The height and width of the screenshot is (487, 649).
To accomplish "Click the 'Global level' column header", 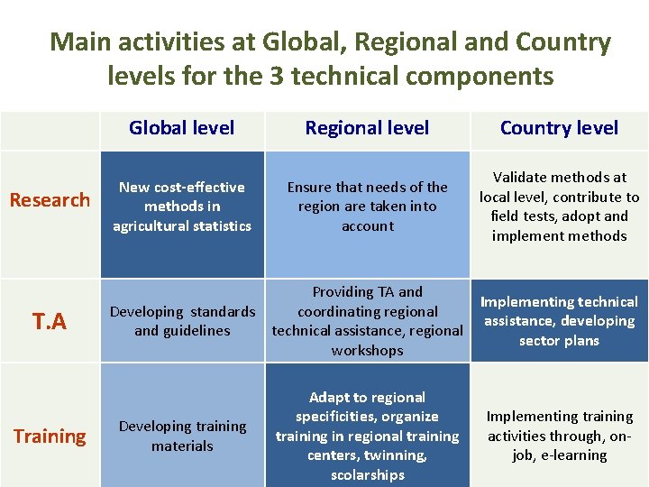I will tap(181, 128).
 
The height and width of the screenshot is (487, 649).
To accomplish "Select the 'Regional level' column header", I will tap(367, 128).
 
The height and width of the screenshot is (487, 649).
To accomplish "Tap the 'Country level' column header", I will tap(559, 128).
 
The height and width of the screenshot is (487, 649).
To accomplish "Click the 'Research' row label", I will tap(50, 199).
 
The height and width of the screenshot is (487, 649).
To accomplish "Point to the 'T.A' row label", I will tap(50, 321).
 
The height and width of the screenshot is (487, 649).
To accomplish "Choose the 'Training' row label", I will tap(50, 436).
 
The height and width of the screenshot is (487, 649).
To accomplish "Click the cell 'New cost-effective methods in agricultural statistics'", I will tap(182, 207).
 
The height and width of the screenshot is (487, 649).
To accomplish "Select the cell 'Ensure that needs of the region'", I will tap(367, 207).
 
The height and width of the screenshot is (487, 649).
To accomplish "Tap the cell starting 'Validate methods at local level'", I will tap(559, 207).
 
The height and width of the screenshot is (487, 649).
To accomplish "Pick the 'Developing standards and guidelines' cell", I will tap(182, 321).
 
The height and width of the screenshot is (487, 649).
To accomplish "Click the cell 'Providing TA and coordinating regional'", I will tap(367, 321).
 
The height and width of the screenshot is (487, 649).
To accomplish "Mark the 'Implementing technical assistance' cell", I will tap(559, 321).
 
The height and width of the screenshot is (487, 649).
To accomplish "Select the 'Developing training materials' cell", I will tap(182, 436).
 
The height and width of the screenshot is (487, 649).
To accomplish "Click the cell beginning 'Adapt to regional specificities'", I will tap(367, 436).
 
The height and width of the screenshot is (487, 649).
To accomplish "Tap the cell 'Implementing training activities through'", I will tap(559, 436).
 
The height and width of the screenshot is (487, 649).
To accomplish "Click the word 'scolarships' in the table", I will tap(367, 475).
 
